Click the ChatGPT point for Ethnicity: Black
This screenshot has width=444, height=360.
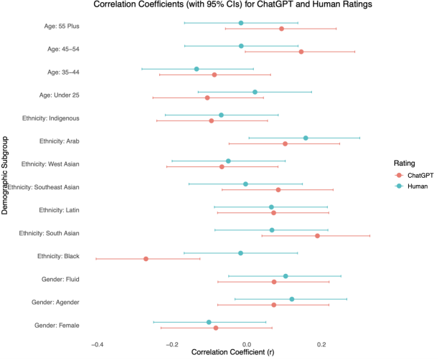tap(146, 259)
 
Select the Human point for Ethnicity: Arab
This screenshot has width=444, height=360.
tap(306, 138)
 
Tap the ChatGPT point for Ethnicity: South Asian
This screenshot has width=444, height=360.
tap(317, 235)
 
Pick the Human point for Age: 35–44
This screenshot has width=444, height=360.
tap(197, 69)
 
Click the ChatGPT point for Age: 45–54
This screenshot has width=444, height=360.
tap(301, 52)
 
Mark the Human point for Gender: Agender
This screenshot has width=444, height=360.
tap(291, 299)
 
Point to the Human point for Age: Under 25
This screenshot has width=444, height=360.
tap(255, 92)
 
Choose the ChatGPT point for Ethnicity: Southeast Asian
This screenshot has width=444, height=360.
tap(278, 189)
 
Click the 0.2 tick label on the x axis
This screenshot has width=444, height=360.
tap(321, 344)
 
